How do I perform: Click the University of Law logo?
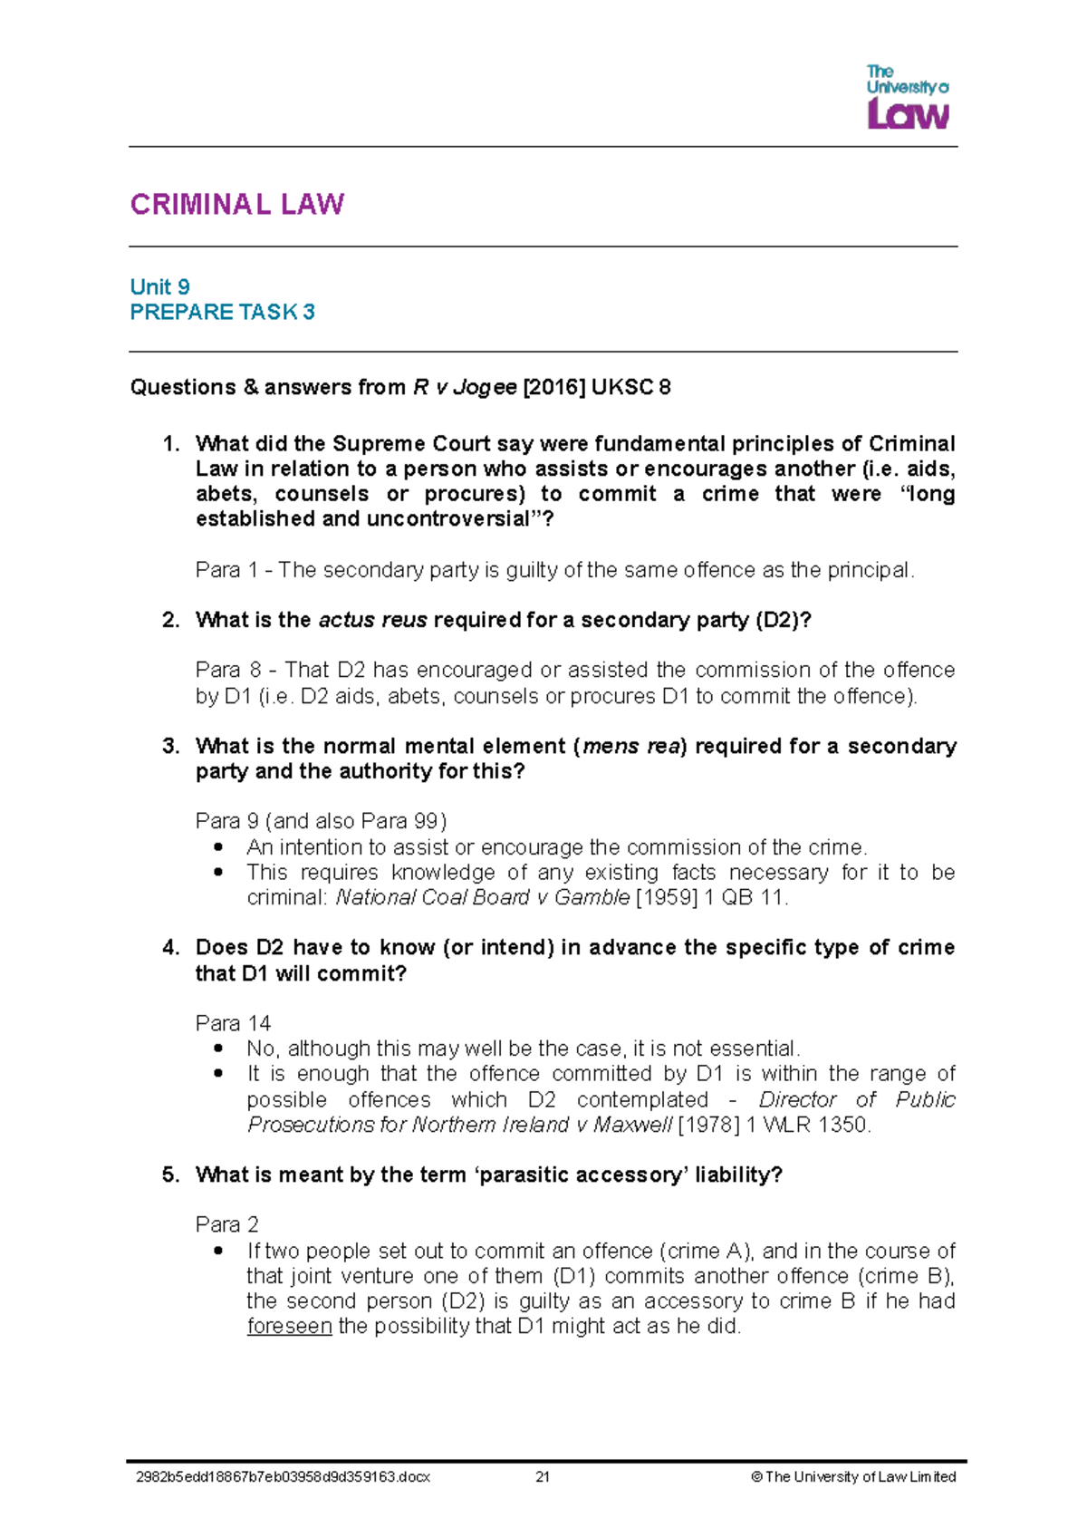point(908,98)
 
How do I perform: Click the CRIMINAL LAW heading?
point(236,204)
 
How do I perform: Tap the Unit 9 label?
point(159,287)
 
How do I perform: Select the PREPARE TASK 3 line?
point(222,313)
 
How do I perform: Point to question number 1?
point(170,444)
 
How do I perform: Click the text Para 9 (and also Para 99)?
point(321,821)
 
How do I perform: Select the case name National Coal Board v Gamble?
point(482,898)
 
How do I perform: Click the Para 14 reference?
point(233,1024)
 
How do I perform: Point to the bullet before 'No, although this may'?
point(217,1049)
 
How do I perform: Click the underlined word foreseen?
point(289,1327)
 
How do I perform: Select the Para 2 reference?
point(227,1225)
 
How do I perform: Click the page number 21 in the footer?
point(543,1477)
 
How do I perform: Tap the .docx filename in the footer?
point(283,1477)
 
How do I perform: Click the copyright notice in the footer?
point(853,1477)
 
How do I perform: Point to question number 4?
point(170,948)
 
